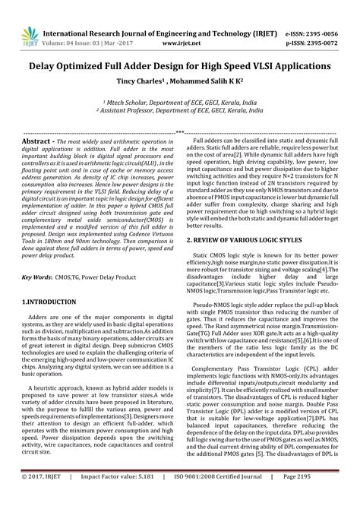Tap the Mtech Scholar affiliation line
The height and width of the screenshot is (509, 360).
point(179,100)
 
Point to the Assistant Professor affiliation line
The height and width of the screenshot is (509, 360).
point(179,109)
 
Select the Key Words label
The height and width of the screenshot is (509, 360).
point(36,257)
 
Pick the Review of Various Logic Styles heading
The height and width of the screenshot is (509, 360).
point(248,218)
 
